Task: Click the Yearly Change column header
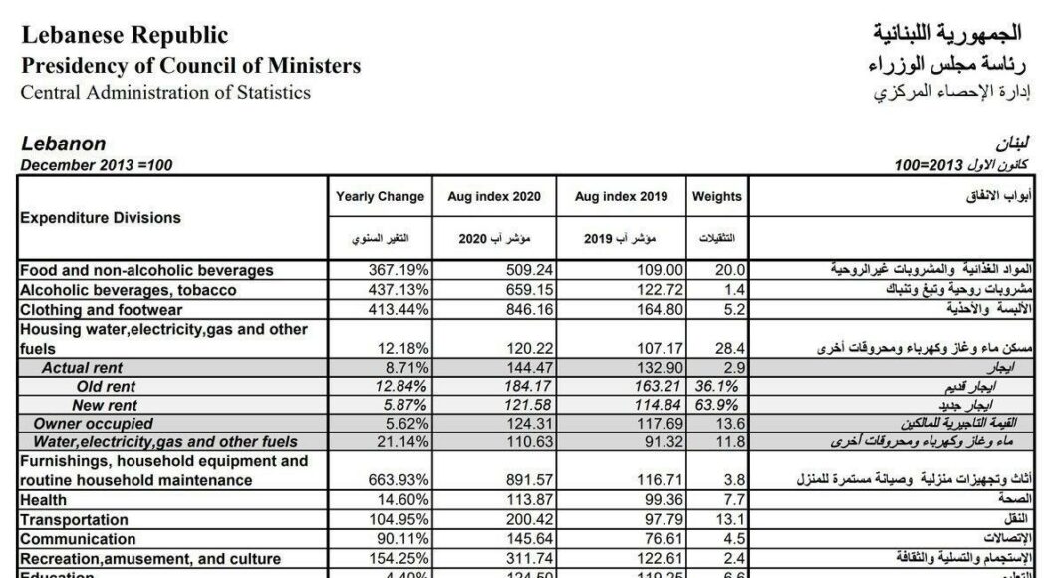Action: click(x=380, y=197)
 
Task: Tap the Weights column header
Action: click(x=717, y=197)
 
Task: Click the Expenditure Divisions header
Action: click(x=101, y=217)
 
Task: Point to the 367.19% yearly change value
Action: click(x=399, y=270)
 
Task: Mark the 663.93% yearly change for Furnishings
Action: click(x=399, y=480)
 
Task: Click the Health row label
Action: click(x=43, y=500)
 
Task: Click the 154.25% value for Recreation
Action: click(x=399, y=557)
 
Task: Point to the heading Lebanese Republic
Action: click(x=125, y=36)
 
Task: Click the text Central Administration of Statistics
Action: click(x=165, y=93)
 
